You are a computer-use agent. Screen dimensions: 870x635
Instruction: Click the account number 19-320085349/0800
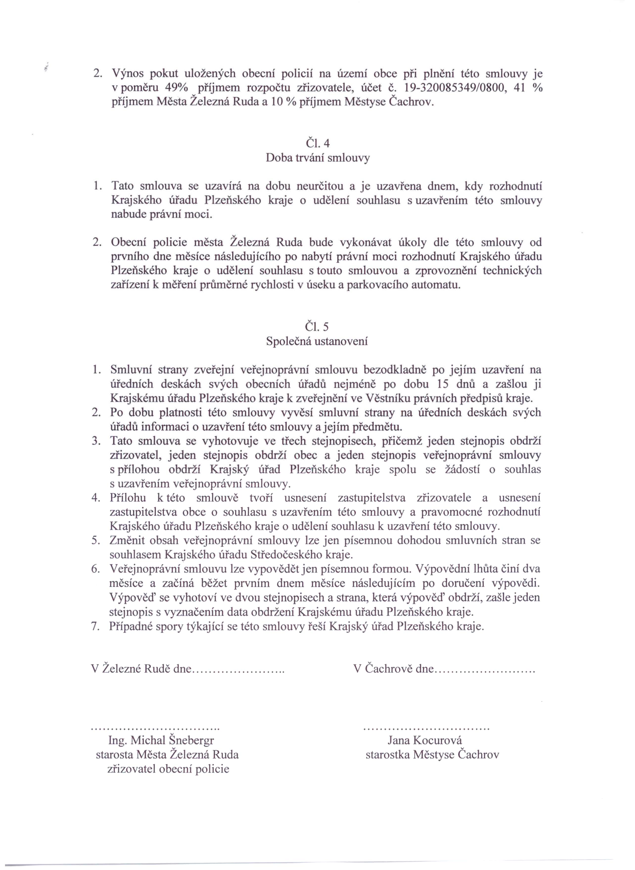[455, 88]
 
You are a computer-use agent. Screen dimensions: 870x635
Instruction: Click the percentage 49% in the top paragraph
[176, 88]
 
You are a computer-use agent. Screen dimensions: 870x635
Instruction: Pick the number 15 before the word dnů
[444, 384]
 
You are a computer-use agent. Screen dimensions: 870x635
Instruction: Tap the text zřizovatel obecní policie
[168, 769]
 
